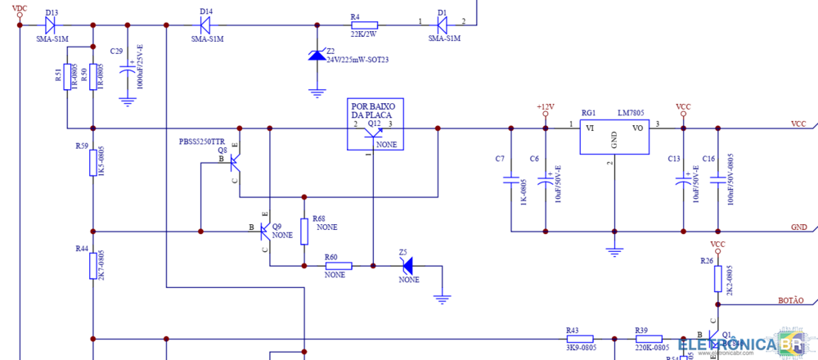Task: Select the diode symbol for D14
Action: (205, 25)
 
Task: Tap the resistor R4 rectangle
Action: (364, 25)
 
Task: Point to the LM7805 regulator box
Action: (613, 135)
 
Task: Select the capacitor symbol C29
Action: (127, 71)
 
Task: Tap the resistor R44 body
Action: (93, 266)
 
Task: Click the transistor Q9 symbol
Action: (263, 232)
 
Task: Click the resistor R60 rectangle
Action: (339, 266)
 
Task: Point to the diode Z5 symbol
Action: (407, 266)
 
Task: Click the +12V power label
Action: (546, 106)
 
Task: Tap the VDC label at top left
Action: (20, 8)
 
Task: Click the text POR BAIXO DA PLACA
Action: (373, 110)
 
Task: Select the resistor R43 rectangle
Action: (579, 338)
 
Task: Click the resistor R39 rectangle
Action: (649, 338)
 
